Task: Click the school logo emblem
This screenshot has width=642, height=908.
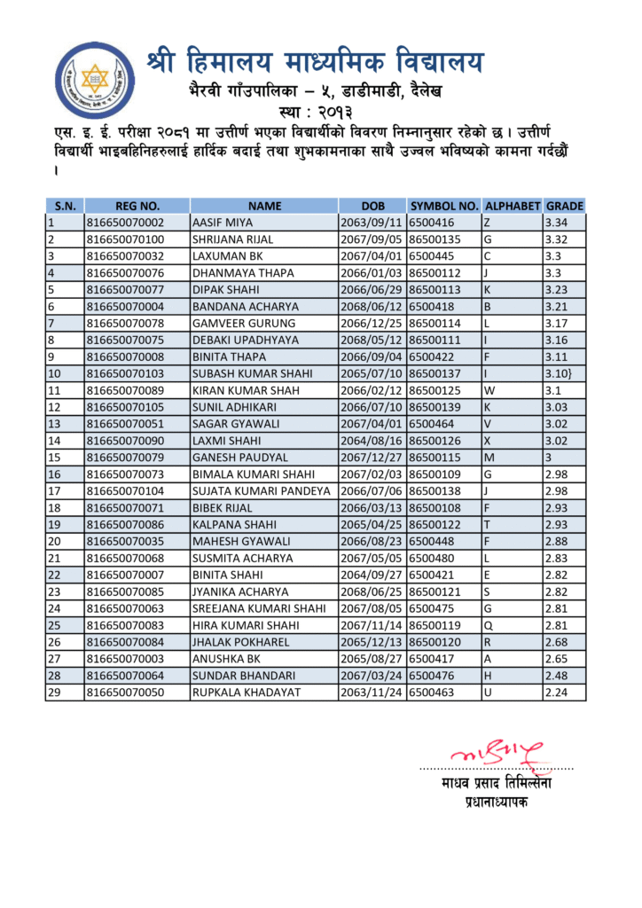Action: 95,81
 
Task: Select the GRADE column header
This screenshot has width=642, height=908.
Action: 564,206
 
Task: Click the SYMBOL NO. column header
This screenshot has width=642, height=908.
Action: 444,206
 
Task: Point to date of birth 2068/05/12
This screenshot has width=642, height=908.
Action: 372,340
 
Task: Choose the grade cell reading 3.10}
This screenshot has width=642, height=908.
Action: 561,373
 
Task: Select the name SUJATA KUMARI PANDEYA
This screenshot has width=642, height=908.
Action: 262,490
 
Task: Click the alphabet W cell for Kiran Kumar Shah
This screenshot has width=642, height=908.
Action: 489,390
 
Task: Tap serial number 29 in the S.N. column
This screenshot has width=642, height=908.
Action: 53,692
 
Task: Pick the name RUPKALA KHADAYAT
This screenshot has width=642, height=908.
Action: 247,692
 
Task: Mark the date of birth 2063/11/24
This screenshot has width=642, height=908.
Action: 372,692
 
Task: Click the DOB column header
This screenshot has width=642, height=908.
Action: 372,206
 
